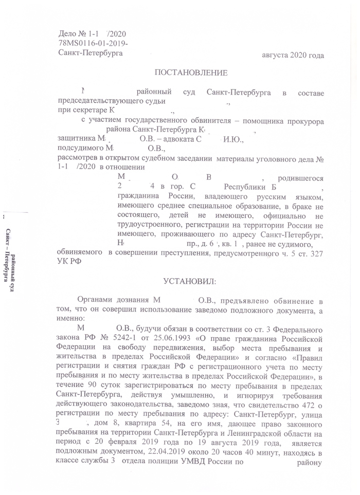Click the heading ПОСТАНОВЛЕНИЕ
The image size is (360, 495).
[190, 72]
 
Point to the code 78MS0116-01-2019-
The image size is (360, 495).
[94, 43]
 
